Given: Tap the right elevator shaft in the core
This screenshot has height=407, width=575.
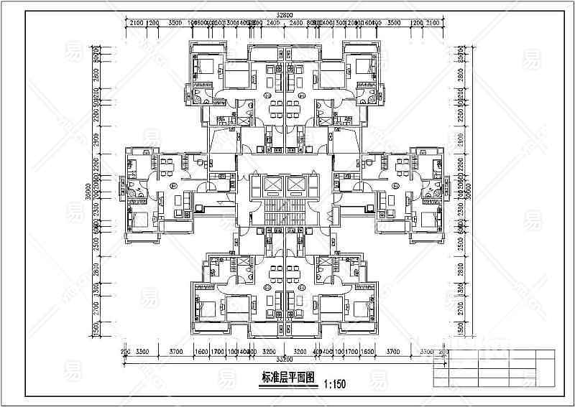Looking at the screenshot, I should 297,185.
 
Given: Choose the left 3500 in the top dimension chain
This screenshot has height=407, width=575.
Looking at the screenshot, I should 175,24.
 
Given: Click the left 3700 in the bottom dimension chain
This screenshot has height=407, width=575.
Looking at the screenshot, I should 176,352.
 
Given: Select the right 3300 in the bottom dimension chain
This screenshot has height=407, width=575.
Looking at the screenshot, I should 427,352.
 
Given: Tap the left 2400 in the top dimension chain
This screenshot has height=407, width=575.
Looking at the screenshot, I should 270,24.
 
